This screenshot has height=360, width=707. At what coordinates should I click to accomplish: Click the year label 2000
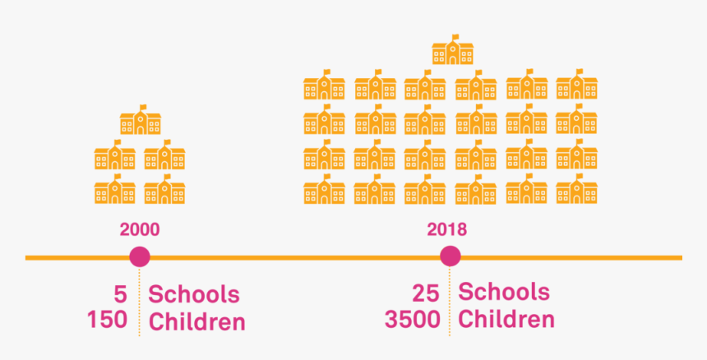tap(139, 229)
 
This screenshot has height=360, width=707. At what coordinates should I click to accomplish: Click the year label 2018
tap(446, 228)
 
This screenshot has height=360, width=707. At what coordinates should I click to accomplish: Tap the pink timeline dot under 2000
tap(140, 257)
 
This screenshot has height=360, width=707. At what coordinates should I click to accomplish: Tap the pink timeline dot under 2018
tap(450, 256)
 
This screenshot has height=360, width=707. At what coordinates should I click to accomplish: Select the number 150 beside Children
tap(108, 320)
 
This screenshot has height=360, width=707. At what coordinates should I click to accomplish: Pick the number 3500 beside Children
tap(412, 318)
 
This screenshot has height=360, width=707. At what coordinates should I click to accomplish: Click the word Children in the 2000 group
tap(196, 321)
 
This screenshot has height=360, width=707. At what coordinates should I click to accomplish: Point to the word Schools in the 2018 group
tap(504, 292)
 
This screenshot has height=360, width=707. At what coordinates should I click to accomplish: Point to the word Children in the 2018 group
tap(506, 318)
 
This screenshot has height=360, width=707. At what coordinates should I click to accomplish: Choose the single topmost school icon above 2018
tap(453, 50)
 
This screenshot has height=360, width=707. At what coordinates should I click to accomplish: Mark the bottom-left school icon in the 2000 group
tap(114, 190)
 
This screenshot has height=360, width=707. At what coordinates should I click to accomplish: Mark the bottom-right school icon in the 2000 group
tap(164, 190)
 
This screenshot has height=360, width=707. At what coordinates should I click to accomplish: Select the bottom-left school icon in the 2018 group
tap(324, 190)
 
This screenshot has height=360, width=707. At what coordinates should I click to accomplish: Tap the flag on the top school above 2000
tap(144, 107)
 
